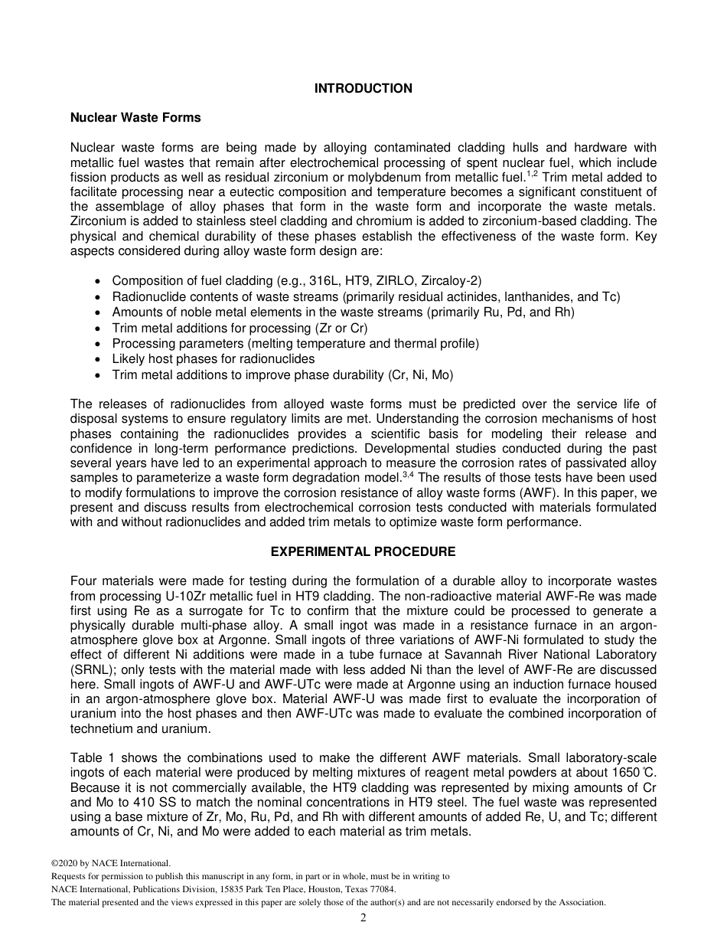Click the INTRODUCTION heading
363,89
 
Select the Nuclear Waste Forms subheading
135,118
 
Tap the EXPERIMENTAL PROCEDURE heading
363,551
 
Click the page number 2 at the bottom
363,918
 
